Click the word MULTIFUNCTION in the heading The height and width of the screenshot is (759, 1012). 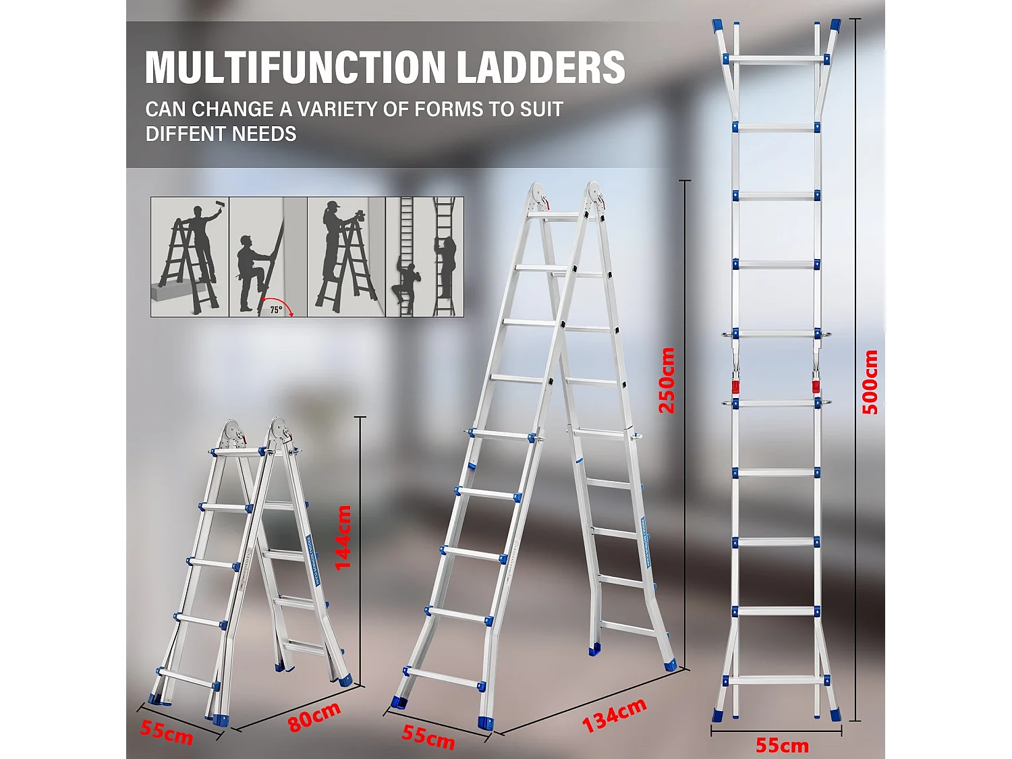tap(295, 67)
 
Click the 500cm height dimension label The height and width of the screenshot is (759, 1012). tap(870, 382)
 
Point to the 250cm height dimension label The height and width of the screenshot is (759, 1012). tap(667, 380)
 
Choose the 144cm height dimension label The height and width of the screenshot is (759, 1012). tap(343, 538)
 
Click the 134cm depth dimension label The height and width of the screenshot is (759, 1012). tap(614, 714)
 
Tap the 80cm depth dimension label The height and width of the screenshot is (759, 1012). tap(314, 716)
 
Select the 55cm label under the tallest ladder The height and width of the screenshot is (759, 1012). tap(781, 745)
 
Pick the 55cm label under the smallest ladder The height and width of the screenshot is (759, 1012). tap(166, 731)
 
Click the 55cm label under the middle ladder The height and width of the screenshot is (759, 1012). tap(428, 736)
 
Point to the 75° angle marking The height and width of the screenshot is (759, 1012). tap(276, 310)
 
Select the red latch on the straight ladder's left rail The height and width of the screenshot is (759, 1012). tap(735, 387)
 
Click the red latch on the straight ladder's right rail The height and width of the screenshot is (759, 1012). tap(816, 387)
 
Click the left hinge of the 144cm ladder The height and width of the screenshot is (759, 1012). tap(232, 434)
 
